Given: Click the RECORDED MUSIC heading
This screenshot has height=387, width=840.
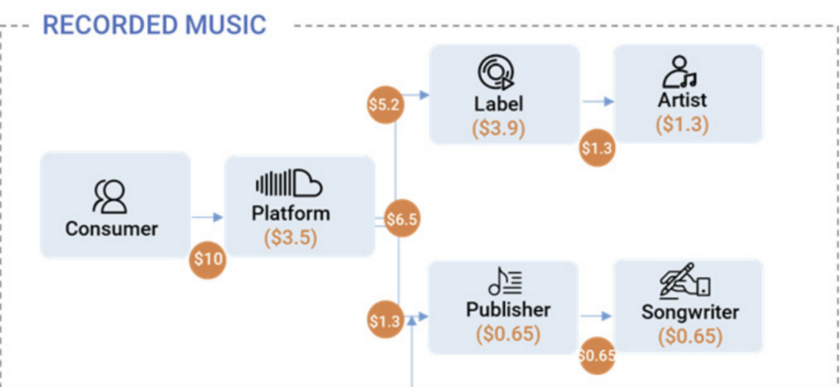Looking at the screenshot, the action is [x=154, y=25].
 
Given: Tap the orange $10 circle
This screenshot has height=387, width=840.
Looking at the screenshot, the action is [x=208, y=260].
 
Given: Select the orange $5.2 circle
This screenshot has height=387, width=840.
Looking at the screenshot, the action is [x=384, y=104].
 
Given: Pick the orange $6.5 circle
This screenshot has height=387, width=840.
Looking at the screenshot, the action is [x=401, y=219].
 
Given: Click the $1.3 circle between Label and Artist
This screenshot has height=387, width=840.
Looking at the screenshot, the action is [x=596, y=148].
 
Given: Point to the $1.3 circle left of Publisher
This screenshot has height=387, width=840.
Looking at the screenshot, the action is [x=384, y=321].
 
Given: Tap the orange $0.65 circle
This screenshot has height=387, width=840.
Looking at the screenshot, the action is [x=596, y=355].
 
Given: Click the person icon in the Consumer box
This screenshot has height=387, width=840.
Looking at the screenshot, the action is [x=112, y=195].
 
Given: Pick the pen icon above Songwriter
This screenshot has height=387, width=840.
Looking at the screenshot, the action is [x=685, y=283].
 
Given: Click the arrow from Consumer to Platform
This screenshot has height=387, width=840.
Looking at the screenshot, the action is [x=206, y=217].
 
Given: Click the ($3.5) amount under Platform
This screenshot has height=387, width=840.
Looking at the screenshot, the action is [x=291, y=239].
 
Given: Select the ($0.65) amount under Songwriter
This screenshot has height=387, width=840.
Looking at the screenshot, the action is [x=689, y=336].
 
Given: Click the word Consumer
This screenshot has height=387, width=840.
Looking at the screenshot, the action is [x=112, y=229].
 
